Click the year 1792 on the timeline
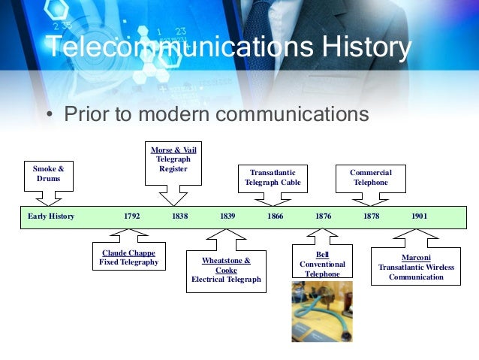[x=131, y=216]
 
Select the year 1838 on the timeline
[x=179, y=216]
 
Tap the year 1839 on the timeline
[x=227, y=216]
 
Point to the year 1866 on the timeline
[x=276, y=216]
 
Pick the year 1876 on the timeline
[x=324, y=216]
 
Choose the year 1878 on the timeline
[x=371, y=216]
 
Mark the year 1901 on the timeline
[x=419, y=216]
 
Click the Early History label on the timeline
[x=52, y=216]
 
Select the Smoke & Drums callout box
[x=48, y=174]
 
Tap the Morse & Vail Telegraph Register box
[x=173, y=159]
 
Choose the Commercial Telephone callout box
[x=371, y=177]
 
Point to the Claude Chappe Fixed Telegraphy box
[x=129, y=258]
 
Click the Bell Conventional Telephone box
[x=322, y=265]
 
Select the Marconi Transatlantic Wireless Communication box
[x=416, y=267]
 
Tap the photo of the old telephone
[x=322, y=311]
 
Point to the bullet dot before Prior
[x=49, y=116]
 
